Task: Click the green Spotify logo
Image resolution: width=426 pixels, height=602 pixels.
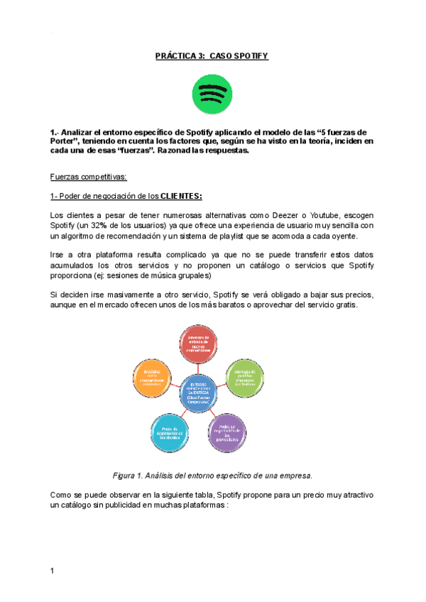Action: [212, 94]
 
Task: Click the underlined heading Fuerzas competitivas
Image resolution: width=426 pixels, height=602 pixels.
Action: [88, 176]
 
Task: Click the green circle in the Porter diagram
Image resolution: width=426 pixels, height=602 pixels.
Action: [246, 378]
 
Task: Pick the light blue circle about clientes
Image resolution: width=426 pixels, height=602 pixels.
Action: [172, 432]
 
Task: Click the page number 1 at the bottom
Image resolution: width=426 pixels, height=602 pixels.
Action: [53, 570]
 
